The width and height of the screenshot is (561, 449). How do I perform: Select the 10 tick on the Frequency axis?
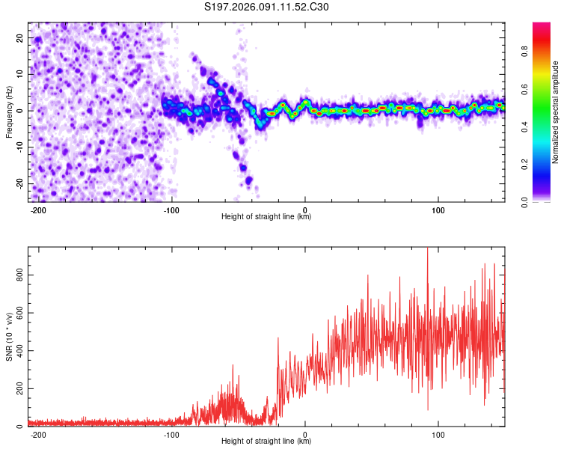point(20,73)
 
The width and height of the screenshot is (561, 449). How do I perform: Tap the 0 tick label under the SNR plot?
point(305,434)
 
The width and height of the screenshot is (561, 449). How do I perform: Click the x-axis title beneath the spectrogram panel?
point(266,218)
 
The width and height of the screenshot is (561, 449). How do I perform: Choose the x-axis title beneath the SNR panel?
point(266,442)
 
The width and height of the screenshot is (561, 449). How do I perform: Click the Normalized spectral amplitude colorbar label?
point(556,112)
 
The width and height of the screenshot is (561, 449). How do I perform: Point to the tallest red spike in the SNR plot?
point(427,249)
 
